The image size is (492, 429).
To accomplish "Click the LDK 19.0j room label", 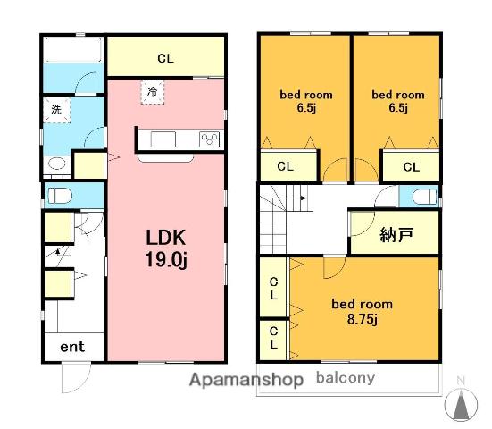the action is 166,248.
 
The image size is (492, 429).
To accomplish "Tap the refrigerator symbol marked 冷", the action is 153,92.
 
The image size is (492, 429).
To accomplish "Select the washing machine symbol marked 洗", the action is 56,110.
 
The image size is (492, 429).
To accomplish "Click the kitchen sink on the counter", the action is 163,139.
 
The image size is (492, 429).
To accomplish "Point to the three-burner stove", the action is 209,139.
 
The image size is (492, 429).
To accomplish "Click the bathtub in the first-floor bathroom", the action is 73,50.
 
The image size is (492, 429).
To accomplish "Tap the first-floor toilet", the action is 60,196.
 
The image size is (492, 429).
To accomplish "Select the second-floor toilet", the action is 424,197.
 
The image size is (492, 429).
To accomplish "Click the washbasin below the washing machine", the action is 56,164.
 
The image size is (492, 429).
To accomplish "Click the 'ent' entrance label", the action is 72,347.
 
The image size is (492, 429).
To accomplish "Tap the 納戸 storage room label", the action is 396,234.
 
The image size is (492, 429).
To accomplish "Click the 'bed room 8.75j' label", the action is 363,311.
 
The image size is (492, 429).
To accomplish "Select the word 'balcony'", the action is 346,377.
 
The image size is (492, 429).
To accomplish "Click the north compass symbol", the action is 461,404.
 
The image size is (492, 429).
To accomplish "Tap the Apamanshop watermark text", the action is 246,379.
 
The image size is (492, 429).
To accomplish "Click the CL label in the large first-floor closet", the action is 165,58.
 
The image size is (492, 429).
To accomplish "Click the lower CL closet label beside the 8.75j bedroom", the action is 273,338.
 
